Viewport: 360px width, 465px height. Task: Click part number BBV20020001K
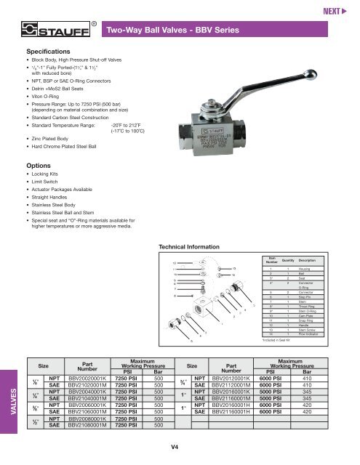click(x=90, y=379)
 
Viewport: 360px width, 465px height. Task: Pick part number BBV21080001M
click(x=90, y=426)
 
